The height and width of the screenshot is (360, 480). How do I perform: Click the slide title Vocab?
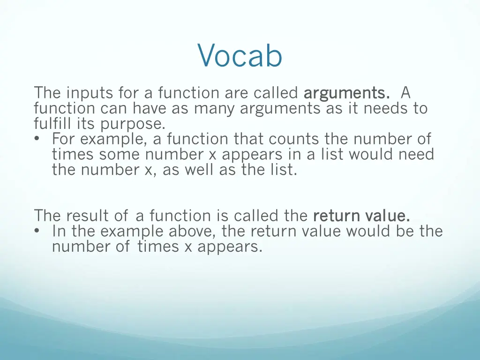click(x=240, y=56)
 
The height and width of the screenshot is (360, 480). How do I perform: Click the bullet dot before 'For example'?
click(x=37, y=139)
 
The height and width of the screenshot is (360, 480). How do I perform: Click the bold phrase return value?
click(x=361, y=216)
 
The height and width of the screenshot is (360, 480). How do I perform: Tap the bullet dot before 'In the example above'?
click(x=37, y=231)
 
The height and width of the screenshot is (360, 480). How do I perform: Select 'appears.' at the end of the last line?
click(x=230, y=247)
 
